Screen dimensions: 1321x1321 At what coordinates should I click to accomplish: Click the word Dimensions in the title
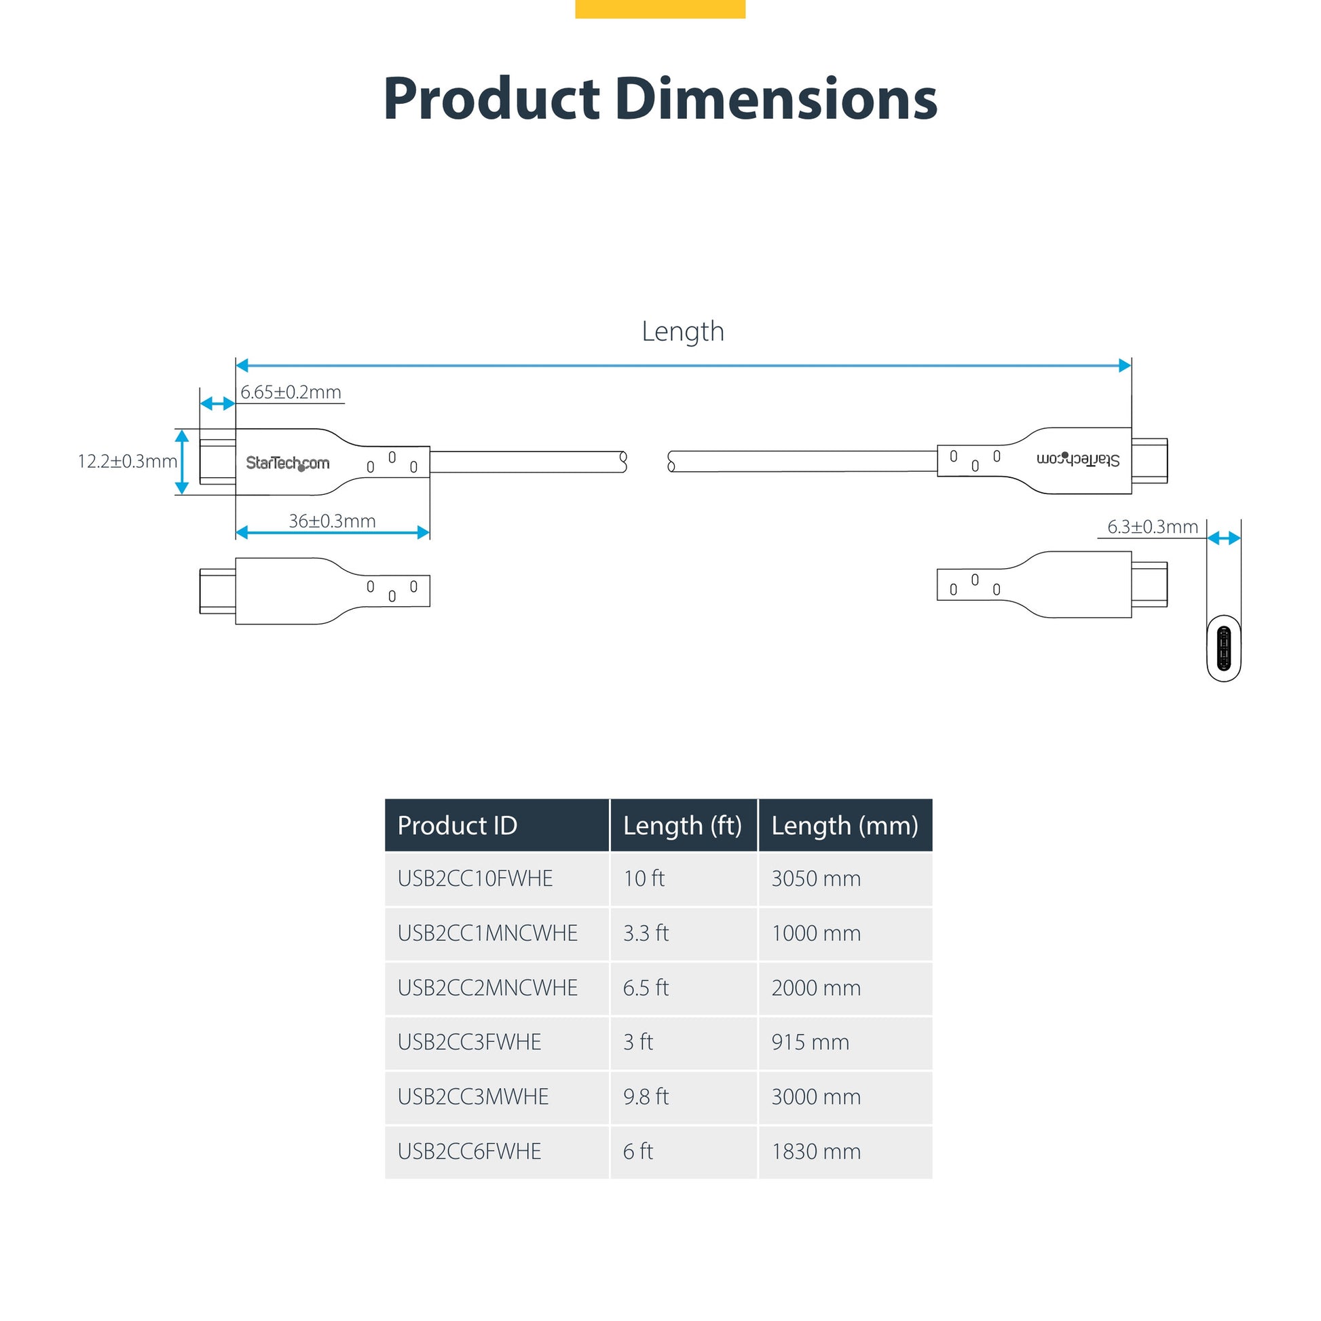pos(775,99)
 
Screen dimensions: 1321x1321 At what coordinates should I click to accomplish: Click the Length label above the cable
pos(682,332)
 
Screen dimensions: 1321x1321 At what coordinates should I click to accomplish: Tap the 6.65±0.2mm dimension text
pos(291,392)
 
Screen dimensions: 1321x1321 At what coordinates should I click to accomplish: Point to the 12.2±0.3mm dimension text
pos(127,462)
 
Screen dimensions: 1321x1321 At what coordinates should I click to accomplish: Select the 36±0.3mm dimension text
pos(333,521)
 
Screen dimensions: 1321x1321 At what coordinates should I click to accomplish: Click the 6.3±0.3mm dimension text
pos(1152,527)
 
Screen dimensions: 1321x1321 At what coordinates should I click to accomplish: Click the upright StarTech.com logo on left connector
pos(287,463)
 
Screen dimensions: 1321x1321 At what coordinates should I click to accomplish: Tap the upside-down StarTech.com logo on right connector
pos(1078,459)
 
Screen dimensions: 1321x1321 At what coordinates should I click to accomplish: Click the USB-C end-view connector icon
pos(1224,649)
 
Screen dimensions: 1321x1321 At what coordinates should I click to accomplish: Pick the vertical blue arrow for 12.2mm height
pos(182,462)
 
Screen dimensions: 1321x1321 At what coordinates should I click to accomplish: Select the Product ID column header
pos(457,826)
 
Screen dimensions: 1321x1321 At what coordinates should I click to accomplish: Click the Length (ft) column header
pos(682,826)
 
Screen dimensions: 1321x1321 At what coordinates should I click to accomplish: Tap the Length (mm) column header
pos(844,826)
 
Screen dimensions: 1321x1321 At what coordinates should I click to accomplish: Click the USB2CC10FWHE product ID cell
pos(475,878)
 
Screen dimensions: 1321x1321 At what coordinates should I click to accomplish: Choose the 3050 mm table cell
pos(816,878)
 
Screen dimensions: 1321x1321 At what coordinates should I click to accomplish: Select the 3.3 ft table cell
pos(646,933)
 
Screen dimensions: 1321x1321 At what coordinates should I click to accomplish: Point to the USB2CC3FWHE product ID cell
pos(469,1042)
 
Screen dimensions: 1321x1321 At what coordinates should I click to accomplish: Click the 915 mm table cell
pos(811,1042)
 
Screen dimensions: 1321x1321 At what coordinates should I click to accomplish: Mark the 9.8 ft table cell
pos(646,1097)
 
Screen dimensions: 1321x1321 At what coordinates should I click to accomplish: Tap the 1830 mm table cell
pos(816,1151)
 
